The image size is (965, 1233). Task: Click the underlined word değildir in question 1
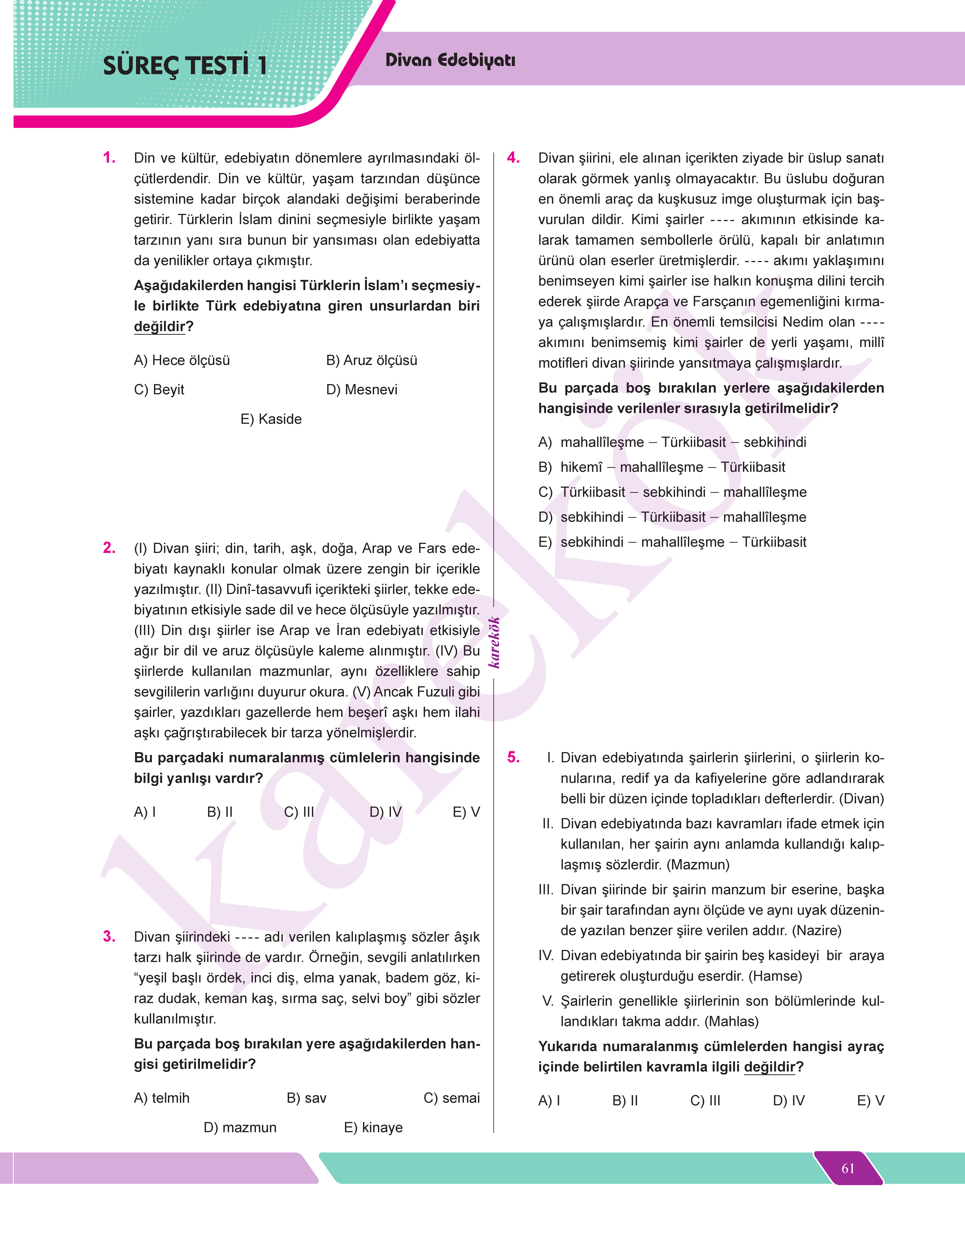pyautogui.click(x=159, y=326)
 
